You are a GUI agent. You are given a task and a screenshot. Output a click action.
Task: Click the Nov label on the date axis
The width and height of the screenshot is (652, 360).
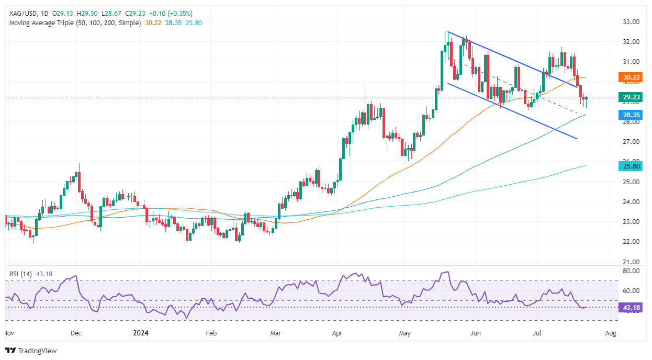(x=10, y=333)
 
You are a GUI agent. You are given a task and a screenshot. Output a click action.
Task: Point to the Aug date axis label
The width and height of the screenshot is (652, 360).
(x=611, y=333)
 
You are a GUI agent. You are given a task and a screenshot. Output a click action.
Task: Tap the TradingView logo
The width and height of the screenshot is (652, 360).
(x=31, y=351)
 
